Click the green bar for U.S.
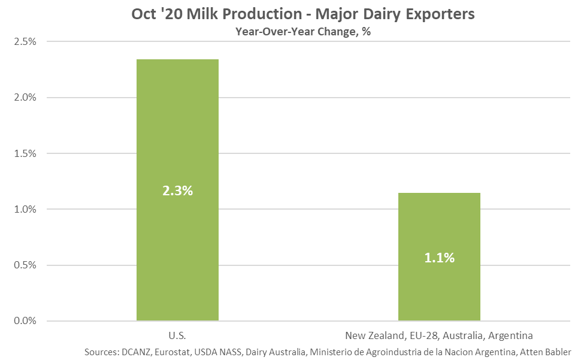[177, 190]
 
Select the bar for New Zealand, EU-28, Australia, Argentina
[439, 256]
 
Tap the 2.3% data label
[178, 190]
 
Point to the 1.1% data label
[440, 258]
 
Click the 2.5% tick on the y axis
[25, 41]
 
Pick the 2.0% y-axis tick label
[25, 97]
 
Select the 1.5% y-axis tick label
[25, 153]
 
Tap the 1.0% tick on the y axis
[25, 209]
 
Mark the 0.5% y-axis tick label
[25, 265]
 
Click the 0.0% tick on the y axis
[25, 320]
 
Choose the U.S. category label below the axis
[177, 335]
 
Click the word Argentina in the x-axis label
[510, 335]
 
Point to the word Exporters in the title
[440, 14]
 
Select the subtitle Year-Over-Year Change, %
[303, 32]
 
